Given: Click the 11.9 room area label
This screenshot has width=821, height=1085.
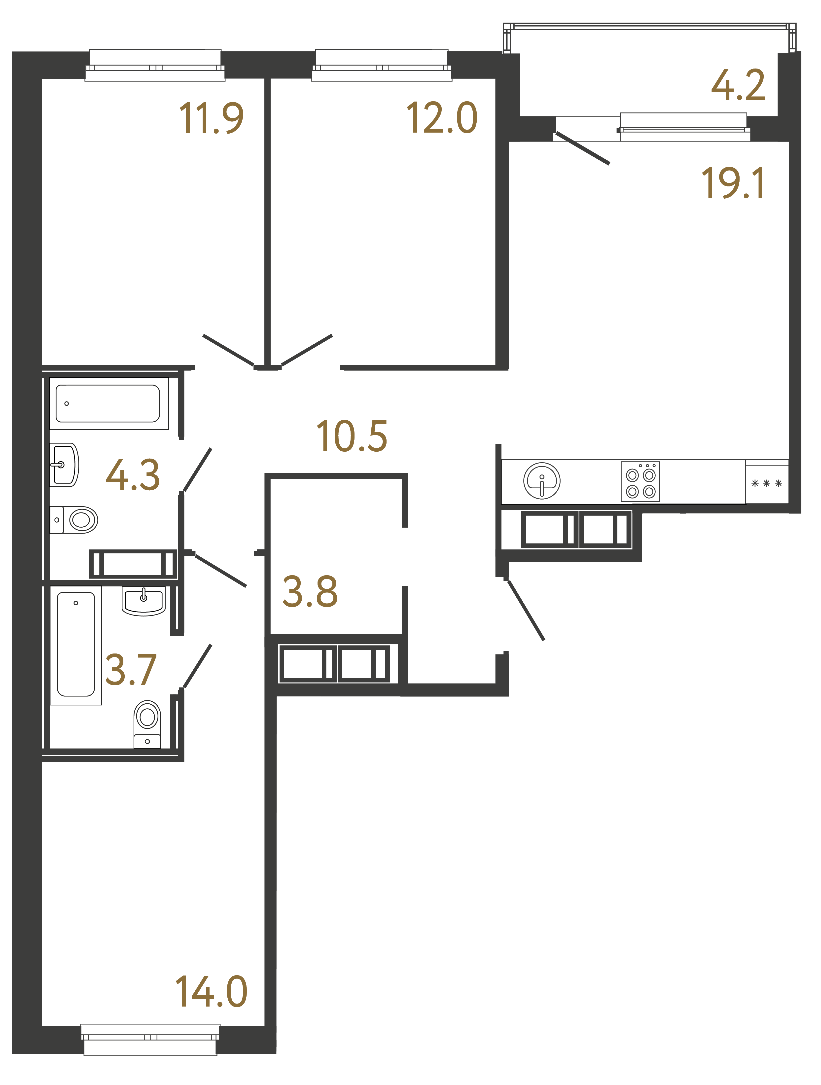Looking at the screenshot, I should [x=211, y=118].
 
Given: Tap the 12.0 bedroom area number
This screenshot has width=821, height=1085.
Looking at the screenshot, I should [x=441, y=118].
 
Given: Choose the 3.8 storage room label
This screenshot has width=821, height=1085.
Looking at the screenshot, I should [x=310, y=592].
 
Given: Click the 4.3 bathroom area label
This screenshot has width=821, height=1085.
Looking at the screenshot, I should [x=132, y=475].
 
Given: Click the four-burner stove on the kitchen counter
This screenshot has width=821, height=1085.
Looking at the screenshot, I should [x=640, y=482].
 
